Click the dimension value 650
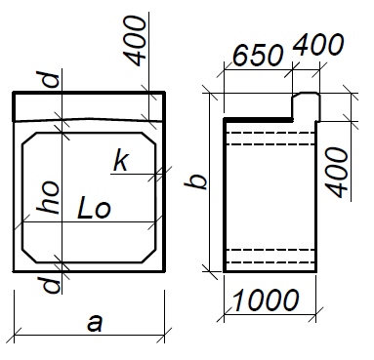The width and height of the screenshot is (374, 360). point(258,55)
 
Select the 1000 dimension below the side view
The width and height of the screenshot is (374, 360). point(265,300)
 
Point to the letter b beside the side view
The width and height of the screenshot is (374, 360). point(195,182)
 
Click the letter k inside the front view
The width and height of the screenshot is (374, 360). point(121,161)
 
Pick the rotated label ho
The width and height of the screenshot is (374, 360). point(49,197)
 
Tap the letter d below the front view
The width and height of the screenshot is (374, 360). point(52,285)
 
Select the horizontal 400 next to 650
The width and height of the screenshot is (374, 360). point(318,44)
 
